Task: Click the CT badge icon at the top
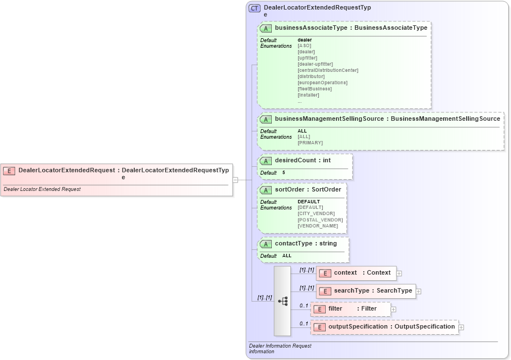[x=254, y=8]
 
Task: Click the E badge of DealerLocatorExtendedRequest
[x=9, y=170]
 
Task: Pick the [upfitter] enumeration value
[x=307, y=58]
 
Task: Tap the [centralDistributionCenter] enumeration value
[x=327, y=70]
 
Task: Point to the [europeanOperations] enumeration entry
[x=322, y=83]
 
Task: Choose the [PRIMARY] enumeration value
[x=310, y=143]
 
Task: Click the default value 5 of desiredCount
[x=284, y=172]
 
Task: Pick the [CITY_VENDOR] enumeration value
[x=316, y=213]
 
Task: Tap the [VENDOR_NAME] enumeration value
[x=318, y=226]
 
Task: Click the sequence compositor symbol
[x=282, y=301]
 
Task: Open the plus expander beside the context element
[x=399, y=274]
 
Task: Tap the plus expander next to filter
[x=394, y=309]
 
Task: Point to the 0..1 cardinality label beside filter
[x=304, y=306]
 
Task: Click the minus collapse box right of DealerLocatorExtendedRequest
[x=235, y=180]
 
